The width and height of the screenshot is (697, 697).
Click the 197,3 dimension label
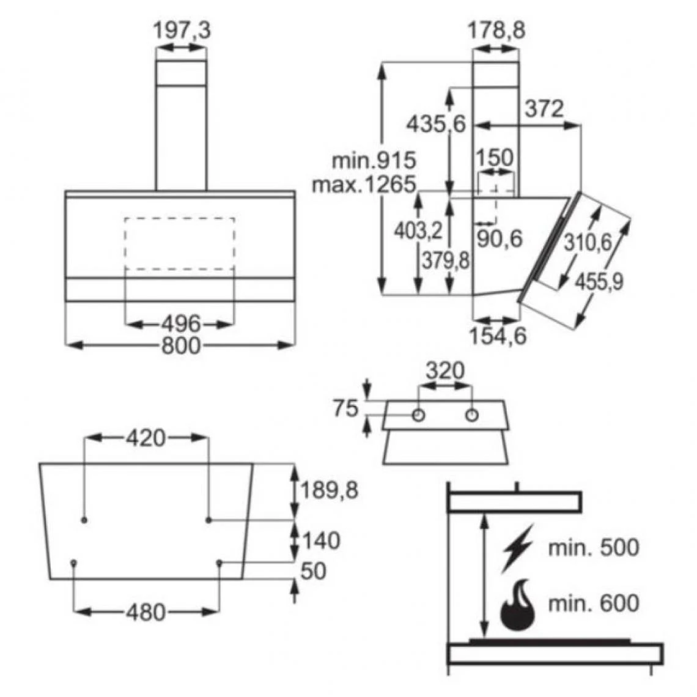pyautogui.click(x=182, y=31)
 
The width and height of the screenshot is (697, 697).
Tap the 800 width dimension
pyautogui.click(x=181, y=345)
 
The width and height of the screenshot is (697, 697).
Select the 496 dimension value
pyautogui.click(x=181, y=323)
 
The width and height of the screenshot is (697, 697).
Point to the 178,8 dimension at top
pyautogui.click(x=496, y=31)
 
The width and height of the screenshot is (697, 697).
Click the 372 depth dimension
pyautogui.click(x=544, y=109)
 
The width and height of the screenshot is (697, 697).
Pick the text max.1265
pyautogui.click(x=364, y=184)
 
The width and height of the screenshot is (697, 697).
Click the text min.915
pyautogui.click(x=374, y=160)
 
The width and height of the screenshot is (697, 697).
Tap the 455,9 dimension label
pyautogui.click(x=600, y=281)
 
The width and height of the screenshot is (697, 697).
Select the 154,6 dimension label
pyautogui.click(x=498, y=336)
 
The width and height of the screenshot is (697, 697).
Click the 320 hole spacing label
pyautogui.click(x=444, y=370)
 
